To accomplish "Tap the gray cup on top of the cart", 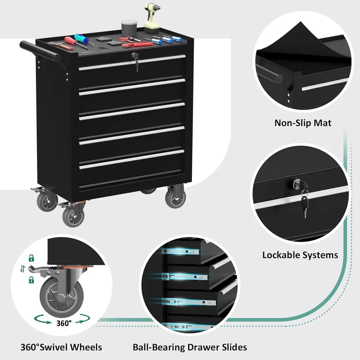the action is click(x=129, y=27).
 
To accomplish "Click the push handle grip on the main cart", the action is click(x=40, y=51).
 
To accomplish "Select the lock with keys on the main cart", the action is click(x=136, y=60).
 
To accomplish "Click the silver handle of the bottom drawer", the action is click(x=132, y=160).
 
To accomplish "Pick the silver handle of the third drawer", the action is click(x=132, y=111).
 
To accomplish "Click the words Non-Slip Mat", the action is click(x=303, y=123).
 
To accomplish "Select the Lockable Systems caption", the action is click(x=300, y=255).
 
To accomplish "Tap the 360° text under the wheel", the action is click(x=64, y=323).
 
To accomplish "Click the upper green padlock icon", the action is click(x=31, y=258).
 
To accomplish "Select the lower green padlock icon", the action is click(x=31, y=279).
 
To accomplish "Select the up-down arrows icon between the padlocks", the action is click(x=22, y=269).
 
